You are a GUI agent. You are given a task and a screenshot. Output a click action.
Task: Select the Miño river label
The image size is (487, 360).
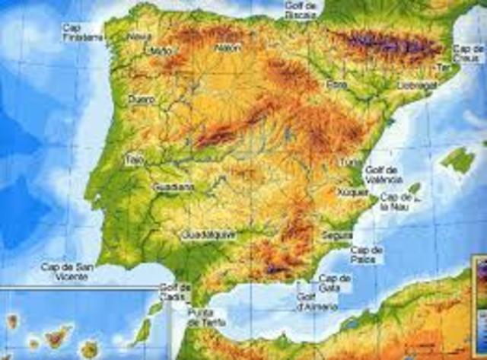tap(162, 50)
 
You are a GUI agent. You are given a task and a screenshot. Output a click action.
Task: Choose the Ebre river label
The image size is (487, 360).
tap(334, 84)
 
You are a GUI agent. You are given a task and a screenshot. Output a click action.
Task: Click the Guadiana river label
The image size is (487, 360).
tap(173, 186)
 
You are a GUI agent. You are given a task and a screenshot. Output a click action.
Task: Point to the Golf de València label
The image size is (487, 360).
tap(384, 175)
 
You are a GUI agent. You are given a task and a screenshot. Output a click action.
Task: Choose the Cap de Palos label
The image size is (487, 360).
tap(367, 254)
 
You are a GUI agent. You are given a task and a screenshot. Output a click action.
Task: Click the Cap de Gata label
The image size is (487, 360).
tap(335, 282)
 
